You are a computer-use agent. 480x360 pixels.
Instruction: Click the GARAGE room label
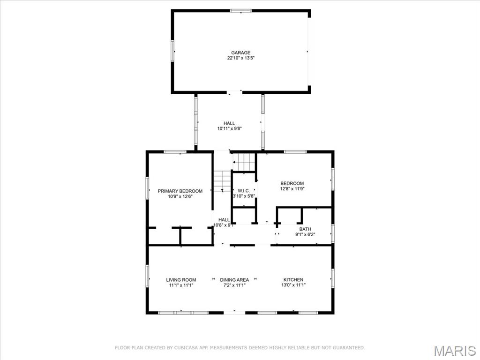pos(240,52)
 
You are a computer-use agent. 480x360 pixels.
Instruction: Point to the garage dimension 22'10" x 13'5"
pos(240,58)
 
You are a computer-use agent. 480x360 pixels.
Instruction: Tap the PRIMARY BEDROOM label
pos(180,191)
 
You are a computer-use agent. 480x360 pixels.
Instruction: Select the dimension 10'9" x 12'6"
pos(180,196)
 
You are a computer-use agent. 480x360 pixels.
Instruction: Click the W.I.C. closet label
pos(244,191)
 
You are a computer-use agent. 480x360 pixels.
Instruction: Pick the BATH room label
pos(305,229)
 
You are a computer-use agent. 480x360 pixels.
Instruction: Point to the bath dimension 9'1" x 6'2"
pos(305,234)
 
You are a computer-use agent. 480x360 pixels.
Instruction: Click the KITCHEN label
pos(293,279)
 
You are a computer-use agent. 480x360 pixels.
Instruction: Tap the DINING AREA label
pos(234,280)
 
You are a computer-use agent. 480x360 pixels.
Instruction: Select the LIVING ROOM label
pos(181,280)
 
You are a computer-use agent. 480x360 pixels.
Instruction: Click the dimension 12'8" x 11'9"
pos(292,189)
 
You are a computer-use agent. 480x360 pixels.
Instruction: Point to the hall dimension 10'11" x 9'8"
pos(230,129)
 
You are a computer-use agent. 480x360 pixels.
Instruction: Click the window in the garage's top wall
pos(241,11)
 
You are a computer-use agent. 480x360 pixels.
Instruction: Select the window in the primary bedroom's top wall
pos(175,152)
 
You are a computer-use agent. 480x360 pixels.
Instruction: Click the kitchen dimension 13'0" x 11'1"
pos(293,285)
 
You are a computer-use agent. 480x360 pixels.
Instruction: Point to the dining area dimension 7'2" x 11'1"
pos(234,285)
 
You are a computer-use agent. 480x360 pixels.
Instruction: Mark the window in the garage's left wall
pos(172,51)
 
